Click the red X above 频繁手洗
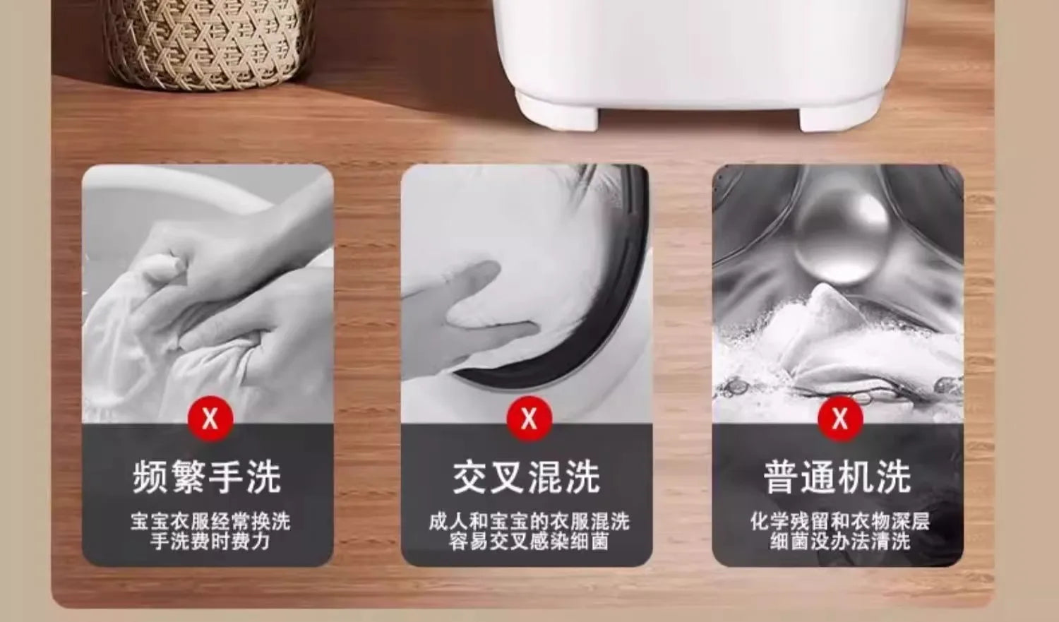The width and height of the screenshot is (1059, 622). click(x=210, y=419)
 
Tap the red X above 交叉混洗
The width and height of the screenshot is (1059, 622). click(x=529, y=419)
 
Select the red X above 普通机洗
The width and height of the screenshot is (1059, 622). click(x=839, y=419)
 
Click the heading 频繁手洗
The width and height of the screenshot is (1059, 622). click(x=207, y=477)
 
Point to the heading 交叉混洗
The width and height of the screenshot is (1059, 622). click(x=527, y=477)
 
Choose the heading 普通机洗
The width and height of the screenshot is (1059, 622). click(x=837, y=477)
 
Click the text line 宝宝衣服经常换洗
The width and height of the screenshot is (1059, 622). click(x=210, y=522)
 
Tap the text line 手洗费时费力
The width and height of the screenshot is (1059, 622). click(x=210, y=542)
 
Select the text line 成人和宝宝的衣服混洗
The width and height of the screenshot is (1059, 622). click(x=529, y=522)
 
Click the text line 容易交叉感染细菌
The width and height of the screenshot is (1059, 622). click(x=529, y=542)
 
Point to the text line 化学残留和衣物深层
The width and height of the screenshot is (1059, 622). click(x=839, y=522)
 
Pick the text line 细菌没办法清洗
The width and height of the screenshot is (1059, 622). click(x=839, y=542)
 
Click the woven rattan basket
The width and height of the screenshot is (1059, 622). click(x=209, y=42)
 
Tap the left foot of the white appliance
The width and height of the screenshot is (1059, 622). click(x=558, y=113)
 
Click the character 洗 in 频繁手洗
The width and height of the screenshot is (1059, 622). click(x=264, y=477)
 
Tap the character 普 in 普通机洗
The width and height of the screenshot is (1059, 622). click(x=782, y=477)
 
